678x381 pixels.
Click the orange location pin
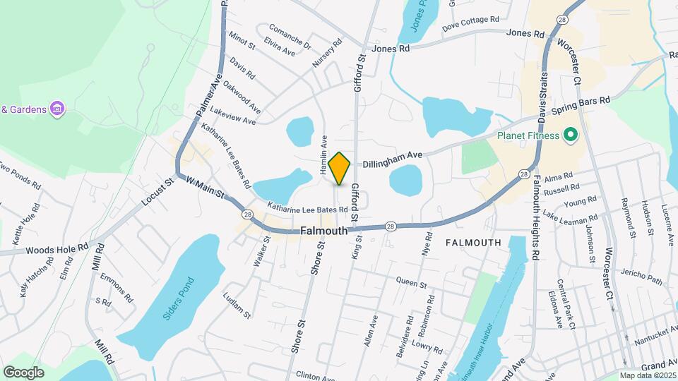[x=340, y=168]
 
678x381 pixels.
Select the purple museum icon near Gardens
[x=58, y=109]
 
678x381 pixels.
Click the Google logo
[x=24, y=372]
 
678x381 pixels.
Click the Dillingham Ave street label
[x=393, y=159]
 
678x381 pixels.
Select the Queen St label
[x=412, y=284]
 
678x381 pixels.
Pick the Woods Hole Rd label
[x=56, y=249]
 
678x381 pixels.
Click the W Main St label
[x=206, y=188]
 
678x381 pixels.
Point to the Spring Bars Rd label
[x=581, y=106]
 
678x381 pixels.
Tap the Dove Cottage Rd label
[x=470, y=23]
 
